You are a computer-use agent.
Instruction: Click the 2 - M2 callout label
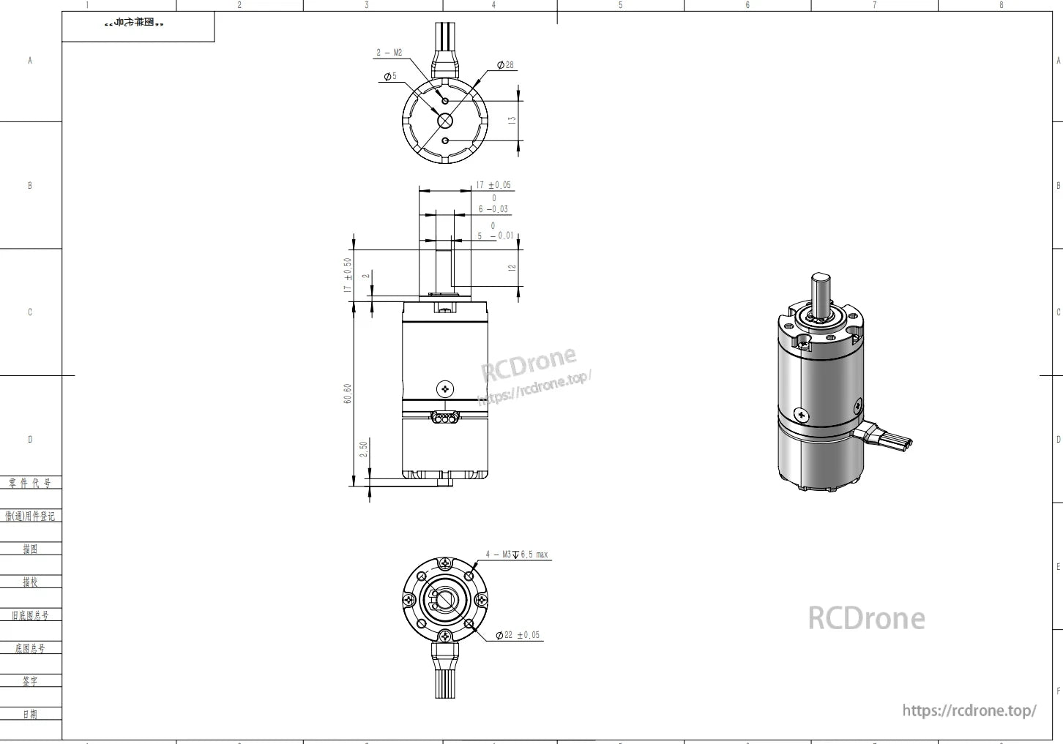(x=389, y=53)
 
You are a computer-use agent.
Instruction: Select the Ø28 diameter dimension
(x=505, y=65)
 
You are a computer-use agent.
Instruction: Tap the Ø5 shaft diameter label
(x=390, y=76)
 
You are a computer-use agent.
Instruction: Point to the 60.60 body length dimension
(x=348, y=394)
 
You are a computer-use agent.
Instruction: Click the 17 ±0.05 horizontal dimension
(x=493, y=185)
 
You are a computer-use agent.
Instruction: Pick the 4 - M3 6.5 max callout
(x=517, y=555)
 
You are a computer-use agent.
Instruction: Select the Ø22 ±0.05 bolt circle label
(x=518, y=635)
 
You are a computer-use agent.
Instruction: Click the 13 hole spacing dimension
(x=512, y=119)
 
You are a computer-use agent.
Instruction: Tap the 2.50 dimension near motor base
(x=364, y=449)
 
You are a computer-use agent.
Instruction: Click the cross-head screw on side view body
(x=444, y=389)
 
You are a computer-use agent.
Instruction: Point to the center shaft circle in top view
(x=445, y=121)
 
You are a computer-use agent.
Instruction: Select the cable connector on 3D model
(x=887, y=437)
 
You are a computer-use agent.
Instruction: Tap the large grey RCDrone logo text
(x=866, y=619)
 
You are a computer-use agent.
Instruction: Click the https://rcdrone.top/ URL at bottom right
(x=969, y=710)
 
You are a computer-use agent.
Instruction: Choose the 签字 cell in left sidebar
(x=30, y=681)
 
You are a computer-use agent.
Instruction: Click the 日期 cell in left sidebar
(x=30, y=714)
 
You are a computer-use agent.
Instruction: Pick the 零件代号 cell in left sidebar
(x=30, y=484)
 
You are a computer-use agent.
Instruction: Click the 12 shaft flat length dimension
(x=512, y=268)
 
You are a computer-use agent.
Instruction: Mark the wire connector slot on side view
(x=444, y=418)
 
